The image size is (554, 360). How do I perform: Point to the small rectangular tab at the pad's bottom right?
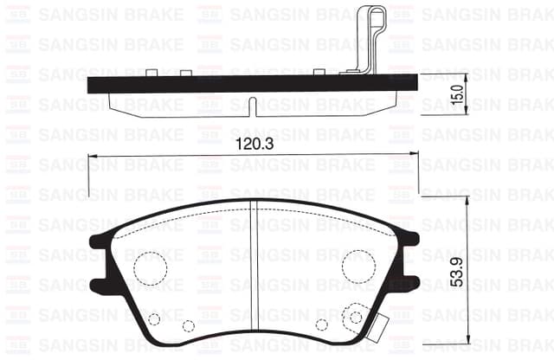pyautogui.click(x=379, y=327)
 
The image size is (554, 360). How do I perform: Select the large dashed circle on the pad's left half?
pyautogui.click(x=150, y=266)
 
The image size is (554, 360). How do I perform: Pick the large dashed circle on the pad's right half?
pyautogui.click(x=357, y=265)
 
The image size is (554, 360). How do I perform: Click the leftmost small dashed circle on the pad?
pyautogui.click(x=154, y=318)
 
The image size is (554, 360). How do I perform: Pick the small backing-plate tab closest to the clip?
pyautogui.click(x=319, y=72)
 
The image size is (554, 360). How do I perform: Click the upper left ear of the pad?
pyautogui.click(x=100, y=243)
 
